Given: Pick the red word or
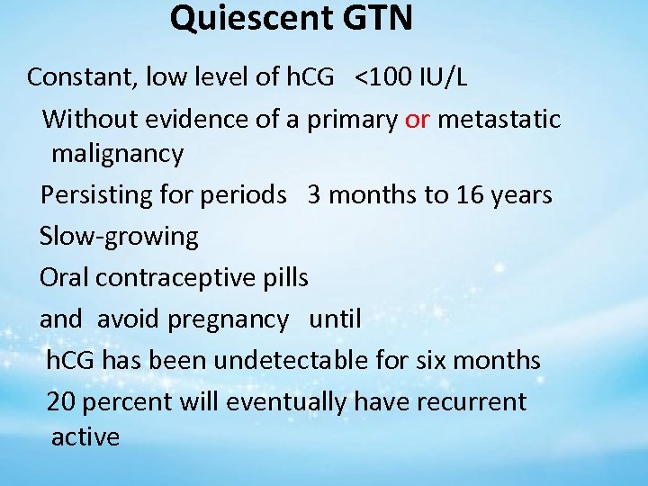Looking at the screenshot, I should click(x=417, y=119).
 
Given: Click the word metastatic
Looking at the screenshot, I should click(x=499, y=119).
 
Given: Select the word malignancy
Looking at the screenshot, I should click(x=117, y=154).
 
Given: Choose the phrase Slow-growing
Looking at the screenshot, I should click(x=119, y=237).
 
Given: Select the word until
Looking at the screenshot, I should click(x=335, y=319).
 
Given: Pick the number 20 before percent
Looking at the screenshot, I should click(x=60, y=401).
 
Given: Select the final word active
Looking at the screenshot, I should click(x=85, y=437).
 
